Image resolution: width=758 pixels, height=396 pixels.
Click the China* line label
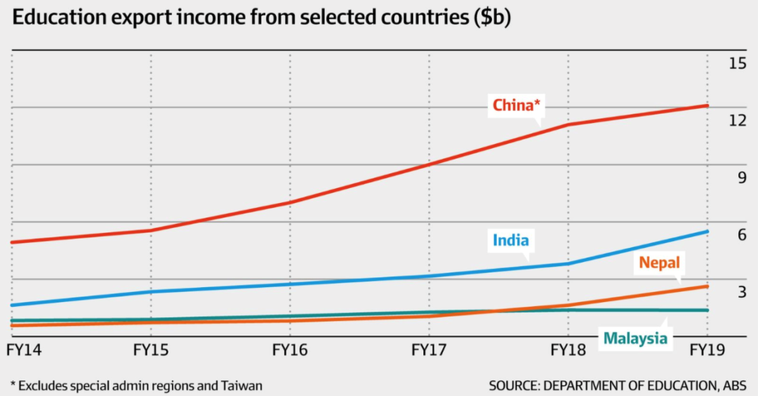(x=516, y=106)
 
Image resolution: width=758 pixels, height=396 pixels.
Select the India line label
(x=510, y=241)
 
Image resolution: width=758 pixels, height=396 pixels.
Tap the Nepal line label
(x=659, y=263)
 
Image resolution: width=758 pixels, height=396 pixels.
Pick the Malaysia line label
(x=635, y=339)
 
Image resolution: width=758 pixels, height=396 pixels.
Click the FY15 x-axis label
(x=151, y=349)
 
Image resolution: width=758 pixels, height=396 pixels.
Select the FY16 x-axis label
(x=290, y=349)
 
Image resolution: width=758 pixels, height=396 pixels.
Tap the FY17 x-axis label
(x=429, y=349)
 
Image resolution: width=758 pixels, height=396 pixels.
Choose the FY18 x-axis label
(x=568, y=349)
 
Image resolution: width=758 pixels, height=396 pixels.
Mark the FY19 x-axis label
(x=707, y=349)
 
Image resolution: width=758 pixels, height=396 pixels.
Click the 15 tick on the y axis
(x=737, y=63)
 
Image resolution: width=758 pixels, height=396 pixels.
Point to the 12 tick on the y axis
(x=737, y=121)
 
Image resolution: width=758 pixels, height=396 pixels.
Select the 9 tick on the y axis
(x=741, y=178)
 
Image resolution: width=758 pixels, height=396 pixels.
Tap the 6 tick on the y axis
(x=741, y=235)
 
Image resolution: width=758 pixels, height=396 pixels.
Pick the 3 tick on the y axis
(x=741, y=292)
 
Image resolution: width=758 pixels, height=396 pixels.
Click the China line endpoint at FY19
(x=707, y=105)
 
